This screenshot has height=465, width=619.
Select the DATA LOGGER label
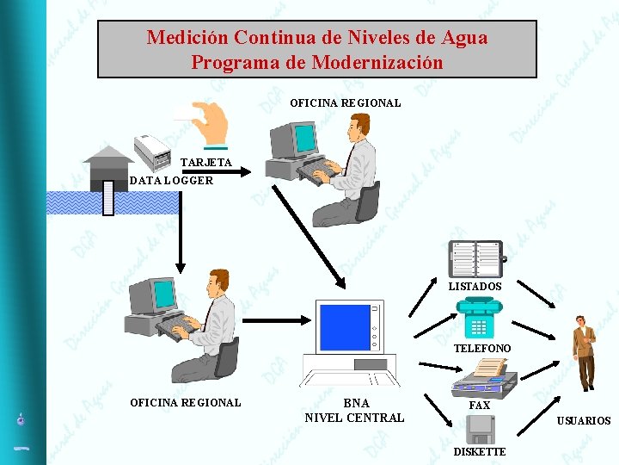click(x=171, y=181)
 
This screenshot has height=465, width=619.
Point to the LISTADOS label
click(x=475, y=286)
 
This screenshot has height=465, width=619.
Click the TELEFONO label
click(x=481, y=348)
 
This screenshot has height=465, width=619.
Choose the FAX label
click(x=479, y=405)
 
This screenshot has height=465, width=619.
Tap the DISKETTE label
click(x=480, y=452)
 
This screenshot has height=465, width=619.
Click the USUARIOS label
click(x=584, y=421)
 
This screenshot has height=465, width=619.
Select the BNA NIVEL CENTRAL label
click(x=354, y=411)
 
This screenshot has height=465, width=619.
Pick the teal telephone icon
click(x=478, y=318)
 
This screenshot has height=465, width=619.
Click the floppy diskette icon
click(x=479, y=428)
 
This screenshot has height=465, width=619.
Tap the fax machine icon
click(x=484, y=376)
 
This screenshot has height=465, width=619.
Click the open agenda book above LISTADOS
click(x=476, y=258)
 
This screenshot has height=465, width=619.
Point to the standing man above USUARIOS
click(x=585, y=353)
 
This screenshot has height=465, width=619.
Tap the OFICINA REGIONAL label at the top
click(x=345, y=103)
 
